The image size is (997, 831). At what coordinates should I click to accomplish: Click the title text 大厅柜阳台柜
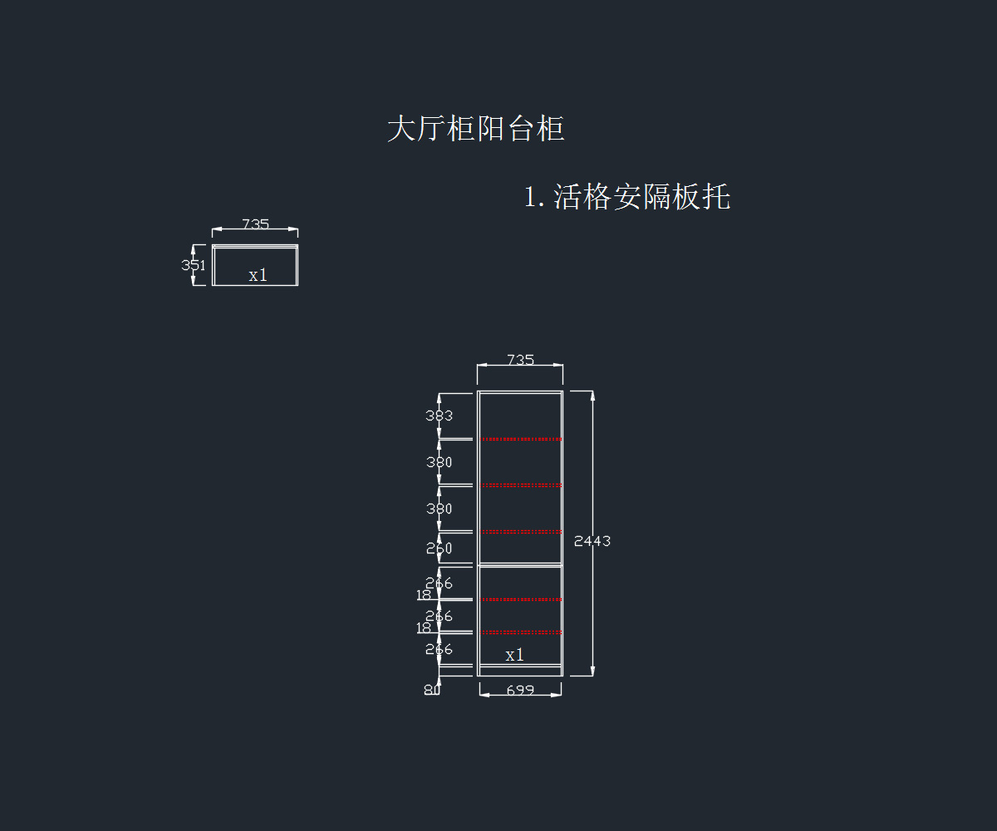tap(476, 130)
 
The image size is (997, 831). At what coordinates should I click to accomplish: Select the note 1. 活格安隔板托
tap(627, 198)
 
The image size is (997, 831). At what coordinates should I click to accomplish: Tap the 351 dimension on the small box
tap(193, 265)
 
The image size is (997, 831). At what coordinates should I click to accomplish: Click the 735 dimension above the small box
tap(255, 224)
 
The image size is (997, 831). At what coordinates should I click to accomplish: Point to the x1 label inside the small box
tap(258, 275)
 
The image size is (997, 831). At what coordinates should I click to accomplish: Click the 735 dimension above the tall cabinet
tap(520, 360)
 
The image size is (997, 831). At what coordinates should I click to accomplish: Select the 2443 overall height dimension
tap(592, 541)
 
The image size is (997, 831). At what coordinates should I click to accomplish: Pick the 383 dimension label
tap(440, 415)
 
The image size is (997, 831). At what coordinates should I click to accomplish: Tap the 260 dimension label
tap(440, 548)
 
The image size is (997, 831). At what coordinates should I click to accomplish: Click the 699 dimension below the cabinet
tap(520, 690)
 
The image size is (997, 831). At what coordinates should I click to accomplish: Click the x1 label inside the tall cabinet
tap(515, 655)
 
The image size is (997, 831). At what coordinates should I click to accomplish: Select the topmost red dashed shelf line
tap(520, 439)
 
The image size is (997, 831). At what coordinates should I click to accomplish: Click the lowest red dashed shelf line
tap(520, 632)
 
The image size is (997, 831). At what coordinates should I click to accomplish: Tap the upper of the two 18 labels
tap(424, 595)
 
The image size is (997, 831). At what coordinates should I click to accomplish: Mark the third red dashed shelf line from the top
tap(520, 531)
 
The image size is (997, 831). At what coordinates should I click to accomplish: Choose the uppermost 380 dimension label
tap(440, 462)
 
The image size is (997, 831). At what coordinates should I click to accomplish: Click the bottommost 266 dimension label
tap(440, 649)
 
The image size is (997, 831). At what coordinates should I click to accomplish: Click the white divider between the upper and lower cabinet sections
tap(520, 565)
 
